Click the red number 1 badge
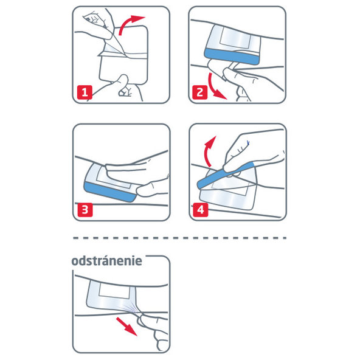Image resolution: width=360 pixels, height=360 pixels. pos(85,93)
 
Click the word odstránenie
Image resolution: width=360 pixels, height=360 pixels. pos(107,260)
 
